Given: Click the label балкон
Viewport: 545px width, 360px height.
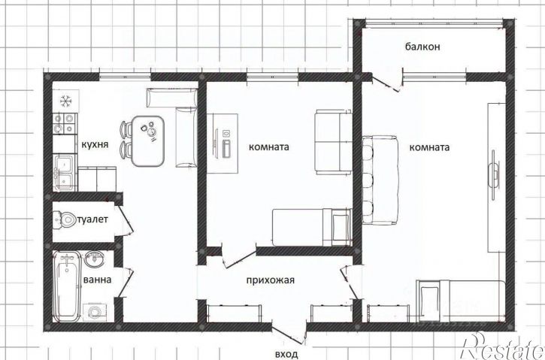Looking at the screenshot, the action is point(422,47).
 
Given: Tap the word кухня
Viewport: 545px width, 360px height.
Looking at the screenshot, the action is point(95,144).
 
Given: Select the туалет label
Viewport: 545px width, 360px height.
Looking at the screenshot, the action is point(92,219).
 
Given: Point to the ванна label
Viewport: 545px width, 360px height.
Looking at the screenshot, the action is point(98,280).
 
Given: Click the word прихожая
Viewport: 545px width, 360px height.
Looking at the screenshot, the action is point(270,280).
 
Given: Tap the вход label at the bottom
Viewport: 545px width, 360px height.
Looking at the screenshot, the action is point(286,355).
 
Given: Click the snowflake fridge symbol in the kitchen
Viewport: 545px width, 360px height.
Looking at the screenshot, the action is point(65,101).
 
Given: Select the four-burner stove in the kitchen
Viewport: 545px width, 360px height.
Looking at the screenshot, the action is point(65,124).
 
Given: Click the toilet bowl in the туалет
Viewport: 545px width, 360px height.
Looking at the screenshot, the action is point(65,219).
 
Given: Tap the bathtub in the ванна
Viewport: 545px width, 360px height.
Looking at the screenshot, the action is point(67,286).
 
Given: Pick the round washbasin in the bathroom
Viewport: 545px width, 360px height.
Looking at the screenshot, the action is point(94,259).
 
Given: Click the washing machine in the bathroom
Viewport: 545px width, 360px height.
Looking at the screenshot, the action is point(93,312).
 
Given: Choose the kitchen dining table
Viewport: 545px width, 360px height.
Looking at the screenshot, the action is point(148,141).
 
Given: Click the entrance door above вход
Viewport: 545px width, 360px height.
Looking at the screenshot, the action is point(289,334).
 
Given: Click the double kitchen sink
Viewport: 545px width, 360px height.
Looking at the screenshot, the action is point(65,173).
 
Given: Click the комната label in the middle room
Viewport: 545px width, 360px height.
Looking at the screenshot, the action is point(268,147).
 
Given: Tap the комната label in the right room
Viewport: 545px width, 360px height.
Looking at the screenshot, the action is point(429,147).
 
